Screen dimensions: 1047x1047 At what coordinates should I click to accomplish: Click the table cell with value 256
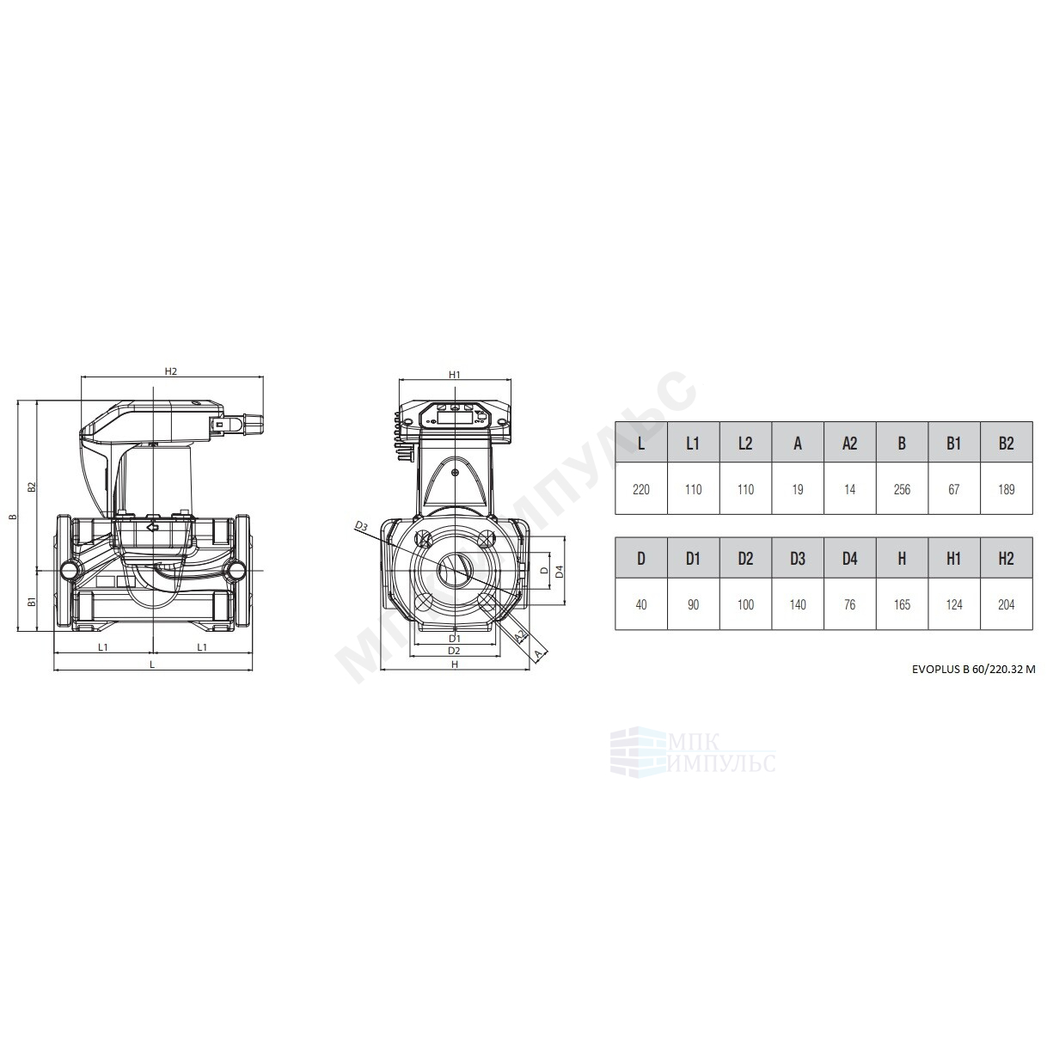tap(902, 489)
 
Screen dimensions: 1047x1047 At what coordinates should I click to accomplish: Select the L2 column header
tap(745, 444)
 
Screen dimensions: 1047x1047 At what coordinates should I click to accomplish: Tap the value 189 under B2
tap(1006, 489)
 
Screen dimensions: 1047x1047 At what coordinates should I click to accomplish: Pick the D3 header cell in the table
tap(797, 558)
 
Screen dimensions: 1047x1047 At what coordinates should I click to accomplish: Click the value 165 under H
tap(902, 604)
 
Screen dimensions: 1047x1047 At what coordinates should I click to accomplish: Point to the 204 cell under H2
tap(1006, 604)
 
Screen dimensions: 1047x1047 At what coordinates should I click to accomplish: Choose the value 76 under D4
tap(849, 604)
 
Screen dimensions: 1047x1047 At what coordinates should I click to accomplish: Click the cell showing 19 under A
tap(797, 489)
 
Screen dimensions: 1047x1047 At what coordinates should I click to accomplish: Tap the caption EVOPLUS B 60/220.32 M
tap(974, 669)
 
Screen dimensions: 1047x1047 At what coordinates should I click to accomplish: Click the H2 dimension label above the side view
tap(170, 371)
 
